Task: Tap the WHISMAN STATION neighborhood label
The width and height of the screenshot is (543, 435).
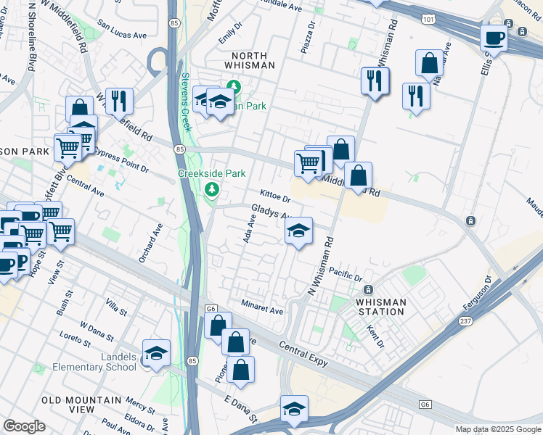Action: [x=377, y=307]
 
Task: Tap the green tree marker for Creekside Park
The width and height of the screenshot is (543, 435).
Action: [x=212, y=190]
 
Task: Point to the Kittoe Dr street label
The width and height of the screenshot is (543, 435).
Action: [x=275, y=197]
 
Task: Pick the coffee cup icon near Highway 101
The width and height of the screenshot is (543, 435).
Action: [x=494, y=38]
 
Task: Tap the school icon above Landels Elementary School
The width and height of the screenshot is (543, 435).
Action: [x=156, y=352]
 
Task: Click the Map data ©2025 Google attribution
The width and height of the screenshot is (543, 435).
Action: [x=498, y=429]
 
